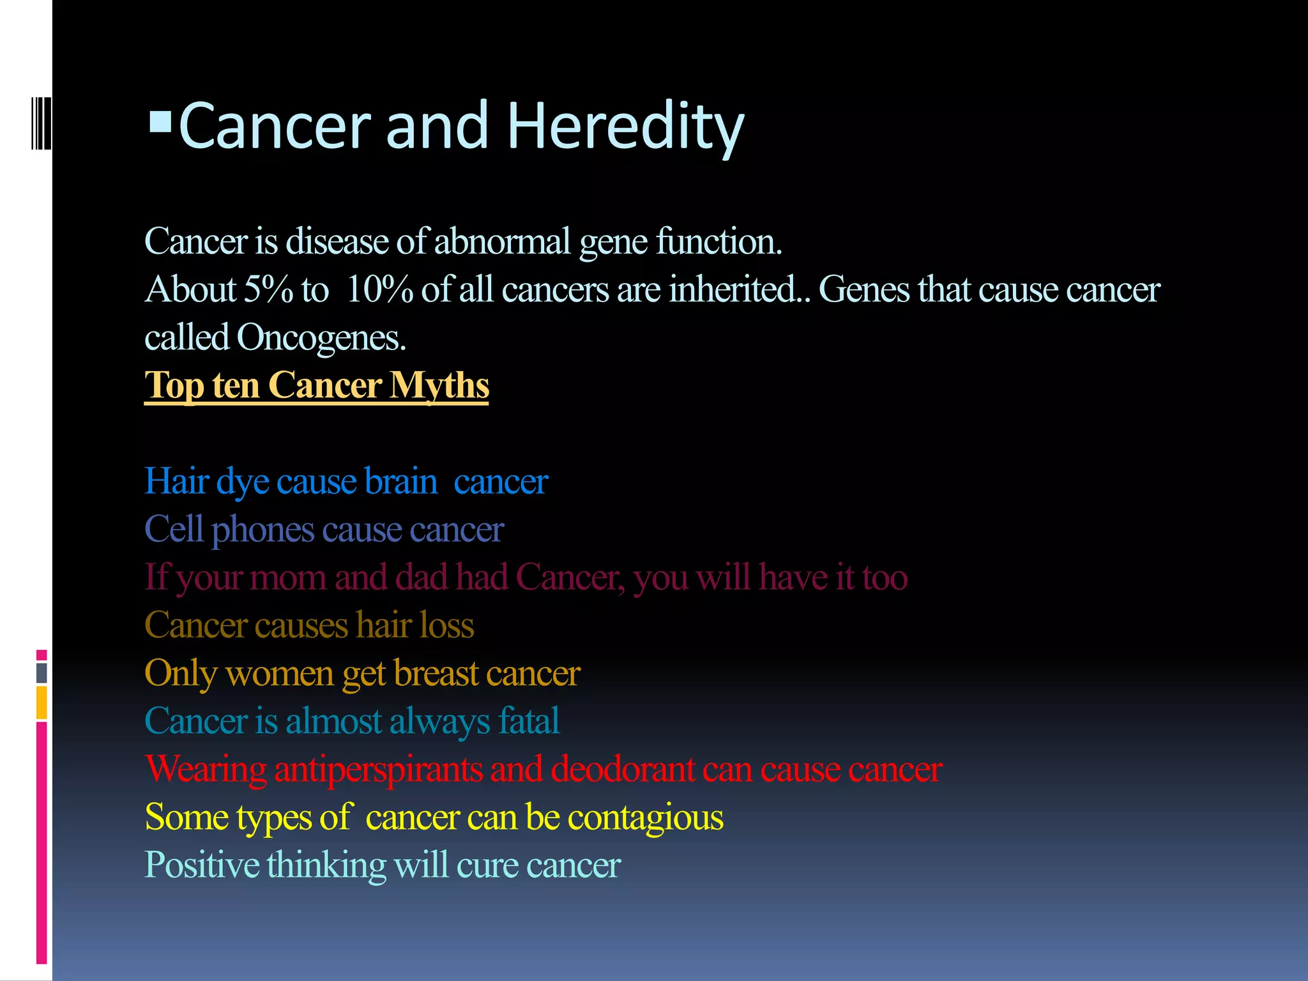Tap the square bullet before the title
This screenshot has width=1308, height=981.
coord(160,121)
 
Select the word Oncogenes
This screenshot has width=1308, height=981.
coord(321,338)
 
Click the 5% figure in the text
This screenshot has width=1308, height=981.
coord(268,289)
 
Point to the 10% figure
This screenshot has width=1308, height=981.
coord(379,289)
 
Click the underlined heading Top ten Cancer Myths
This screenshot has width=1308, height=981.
coord(316,386)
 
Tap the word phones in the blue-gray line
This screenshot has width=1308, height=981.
coord(262,530)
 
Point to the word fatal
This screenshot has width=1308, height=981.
coord(529,721)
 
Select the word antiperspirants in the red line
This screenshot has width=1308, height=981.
coord(378,769)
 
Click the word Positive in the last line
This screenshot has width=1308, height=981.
coord(202,865)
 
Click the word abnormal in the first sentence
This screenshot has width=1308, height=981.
coord(502,241)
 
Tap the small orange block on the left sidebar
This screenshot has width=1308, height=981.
coord(42,702)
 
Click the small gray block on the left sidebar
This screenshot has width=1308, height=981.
coord(42,673)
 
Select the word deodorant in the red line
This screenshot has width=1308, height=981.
coord(623,769)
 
